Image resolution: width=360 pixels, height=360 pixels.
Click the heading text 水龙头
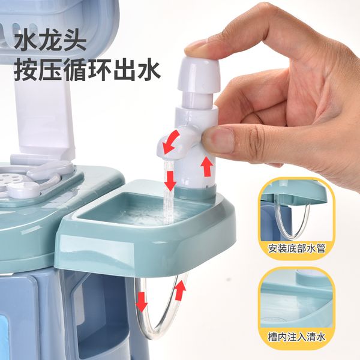[x=50, y=41]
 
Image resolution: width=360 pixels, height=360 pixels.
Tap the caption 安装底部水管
[x=296, y=248]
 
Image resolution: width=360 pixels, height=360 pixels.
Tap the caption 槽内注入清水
[x=296, y=337]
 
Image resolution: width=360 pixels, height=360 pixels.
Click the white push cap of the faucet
[x=199, y=74]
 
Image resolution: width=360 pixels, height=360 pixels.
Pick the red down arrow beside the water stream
[x=170, y=181]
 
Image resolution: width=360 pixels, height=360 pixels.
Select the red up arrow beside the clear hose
[x=180, y=290]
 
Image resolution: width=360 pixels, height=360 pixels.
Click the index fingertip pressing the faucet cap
[x=195, y=48]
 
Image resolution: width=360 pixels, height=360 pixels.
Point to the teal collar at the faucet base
[x=194, y=193]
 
